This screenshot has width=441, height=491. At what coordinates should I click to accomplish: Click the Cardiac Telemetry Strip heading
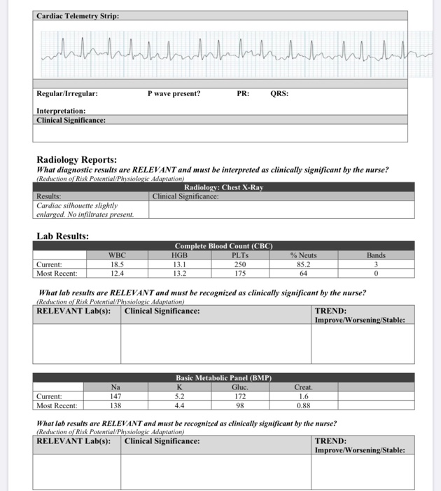point(78,15)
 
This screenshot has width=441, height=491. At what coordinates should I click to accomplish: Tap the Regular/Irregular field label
point(67,93)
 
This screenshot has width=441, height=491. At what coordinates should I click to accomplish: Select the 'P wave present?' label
point(174,93)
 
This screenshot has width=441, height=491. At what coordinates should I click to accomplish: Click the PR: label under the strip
point(241,93)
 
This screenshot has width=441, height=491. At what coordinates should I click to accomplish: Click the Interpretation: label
point(61,111)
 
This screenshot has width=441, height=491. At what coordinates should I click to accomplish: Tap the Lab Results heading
point(62,236)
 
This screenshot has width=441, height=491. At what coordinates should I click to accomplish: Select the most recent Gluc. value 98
point(239,405)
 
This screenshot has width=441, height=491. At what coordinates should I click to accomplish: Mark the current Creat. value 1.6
point(302,396)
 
